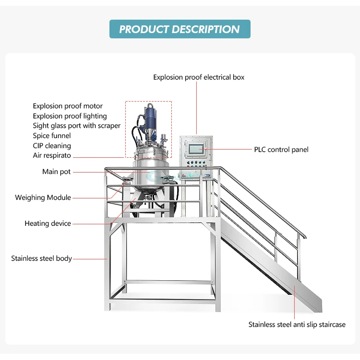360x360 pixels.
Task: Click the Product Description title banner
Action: (x=180, y=29)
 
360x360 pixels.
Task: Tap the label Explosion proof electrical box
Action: (x=199, y=77)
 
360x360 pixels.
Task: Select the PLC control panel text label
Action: (x=281, y=150)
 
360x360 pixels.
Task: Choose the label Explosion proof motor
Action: (x=68, y=106)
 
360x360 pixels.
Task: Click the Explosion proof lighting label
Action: (x=70, y=116)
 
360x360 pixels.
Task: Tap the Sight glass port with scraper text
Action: (x=77, y=126)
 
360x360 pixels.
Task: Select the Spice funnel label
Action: (x=52, y=136)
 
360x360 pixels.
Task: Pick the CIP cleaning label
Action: (x=52, y=146)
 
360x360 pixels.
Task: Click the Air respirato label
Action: (x=52, y=156)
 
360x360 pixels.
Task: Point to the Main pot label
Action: (x=56, y=172)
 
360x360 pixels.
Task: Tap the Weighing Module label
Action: (x=43, y=197)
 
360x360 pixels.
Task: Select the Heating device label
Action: (x=48, y=223)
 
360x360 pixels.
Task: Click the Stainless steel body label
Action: (x=42, y=258)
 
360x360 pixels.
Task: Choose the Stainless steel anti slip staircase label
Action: (x=297, y=325)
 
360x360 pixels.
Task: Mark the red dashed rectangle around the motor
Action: (x=126, y=129)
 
